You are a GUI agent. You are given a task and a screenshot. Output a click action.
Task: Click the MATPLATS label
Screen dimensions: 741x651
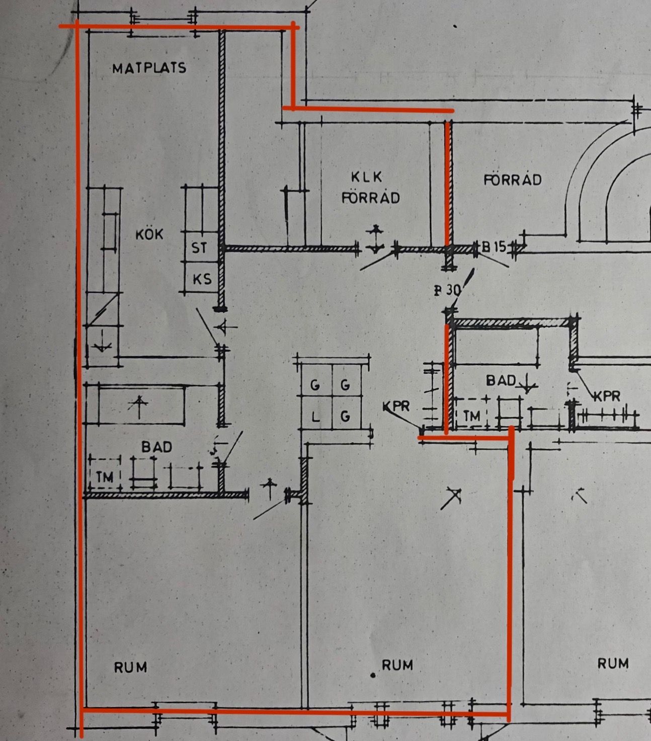pos(149,68)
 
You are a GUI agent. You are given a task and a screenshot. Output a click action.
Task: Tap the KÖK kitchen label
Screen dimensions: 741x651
pos(149,234)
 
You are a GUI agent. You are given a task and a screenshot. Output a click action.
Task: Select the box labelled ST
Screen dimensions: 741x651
pos(200,248)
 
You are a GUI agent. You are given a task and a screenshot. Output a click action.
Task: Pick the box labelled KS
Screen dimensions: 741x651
pos(202,279)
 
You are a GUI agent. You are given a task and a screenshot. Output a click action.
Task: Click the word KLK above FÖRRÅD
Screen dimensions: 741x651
pos(367,177)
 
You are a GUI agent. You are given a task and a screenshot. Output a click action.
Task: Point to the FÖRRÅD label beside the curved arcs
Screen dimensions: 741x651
pos(513,180)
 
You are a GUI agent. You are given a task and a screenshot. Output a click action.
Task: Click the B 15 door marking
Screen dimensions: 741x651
pos(494,246)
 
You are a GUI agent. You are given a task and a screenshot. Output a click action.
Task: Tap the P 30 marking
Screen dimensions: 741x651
pos(447,290)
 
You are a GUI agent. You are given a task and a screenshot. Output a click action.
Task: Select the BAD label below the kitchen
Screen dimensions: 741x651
pos(156,447)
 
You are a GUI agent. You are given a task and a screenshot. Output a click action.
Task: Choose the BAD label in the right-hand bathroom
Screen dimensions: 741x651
pos(501,380)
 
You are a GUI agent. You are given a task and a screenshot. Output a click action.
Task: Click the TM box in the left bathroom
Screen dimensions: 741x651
pos(105,475)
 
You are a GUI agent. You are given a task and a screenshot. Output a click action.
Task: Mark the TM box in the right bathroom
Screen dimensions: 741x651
pos(471,416)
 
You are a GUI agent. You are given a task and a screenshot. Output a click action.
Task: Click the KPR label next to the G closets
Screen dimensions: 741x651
pos(396,406)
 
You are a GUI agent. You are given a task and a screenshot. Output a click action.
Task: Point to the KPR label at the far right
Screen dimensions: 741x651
pos(607,396)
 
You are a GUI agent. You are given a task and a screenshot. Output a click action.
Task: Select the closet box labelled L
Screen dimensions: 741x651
pos(315,417)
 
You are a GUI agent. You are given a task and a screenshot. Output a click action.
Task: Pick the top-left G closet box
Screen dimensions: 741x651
pos(315,385)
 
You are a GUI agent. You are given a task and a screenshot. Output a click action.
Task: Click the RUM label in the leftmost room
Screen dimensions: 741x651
pos(130,668)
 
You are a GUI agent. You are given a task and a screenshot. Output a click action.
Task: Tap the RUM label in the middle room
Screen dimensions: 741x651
pos(397,665)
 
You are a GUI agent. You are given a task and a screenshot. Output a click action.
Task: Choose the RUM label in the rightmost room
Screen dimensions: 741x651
pos(613,664)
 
